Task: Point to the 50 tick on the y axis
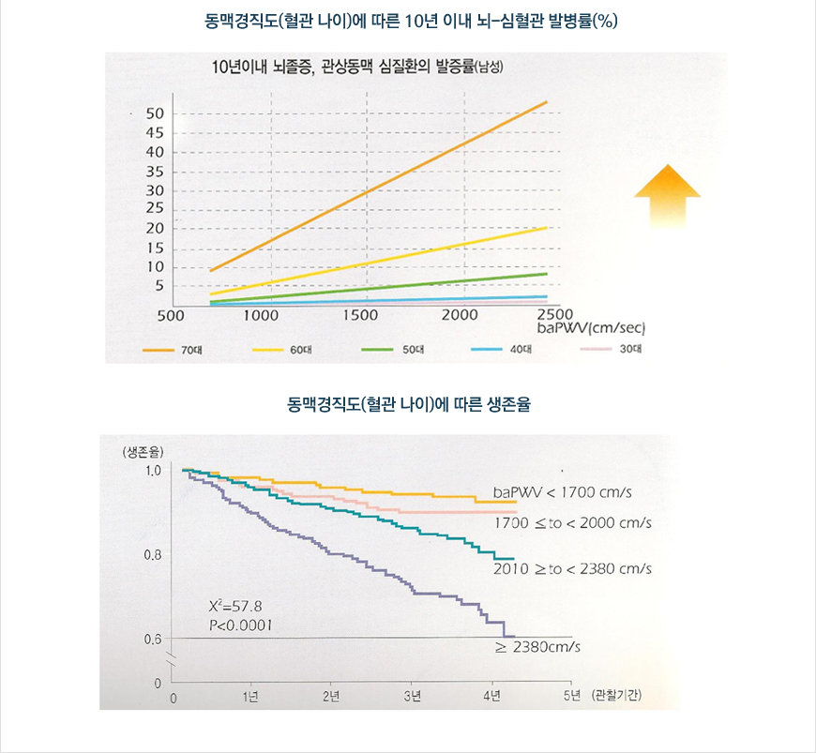coord(155,113)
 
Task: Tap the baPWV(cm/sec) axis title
coord(588,329)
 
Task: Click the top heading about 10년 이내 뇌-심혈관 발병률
coord(408,21)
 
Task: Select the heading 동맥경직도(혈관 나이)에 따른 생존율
coord(408,405)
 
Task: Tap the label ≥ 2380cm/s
coord(537,647)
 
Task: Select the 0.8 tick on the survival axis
coord(155,555)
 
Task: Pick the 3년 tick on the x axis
coord(413,696)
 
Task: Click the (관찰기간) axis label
coord(616,695)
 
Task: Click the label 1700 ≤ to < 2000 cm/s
coord(572,522)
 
